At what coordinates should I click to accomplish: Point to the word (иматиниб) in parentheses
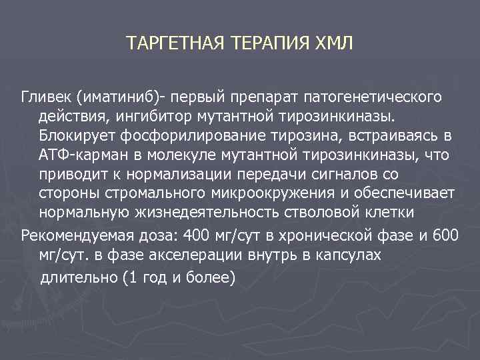pyautogui.click(x=120, y=98)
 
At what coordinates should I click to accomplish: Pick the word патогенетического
pyautogui.click(x=373, y=98)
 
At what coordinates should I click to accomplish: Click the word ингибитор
pyautogui.click(x=170, y=117)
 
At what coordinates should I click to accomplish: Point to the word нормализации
pyautogui.click(x=155, y=175)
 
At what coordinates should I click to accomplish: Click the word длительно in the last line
pyautogui.click(x=78, y=278)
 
